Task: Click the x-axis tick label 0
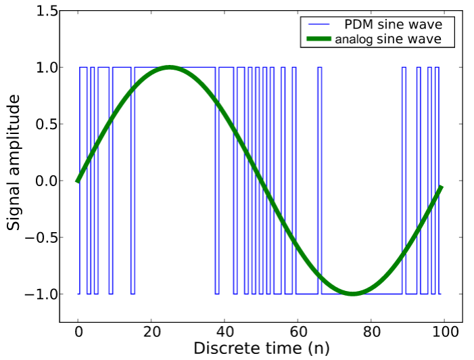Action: (x=78, y=333)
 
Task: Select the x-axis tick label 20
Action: (x=151, y=333)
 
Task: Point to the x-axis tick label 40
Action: (x=225, y=333)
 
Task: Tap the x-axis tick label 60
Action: (x=298, y=333)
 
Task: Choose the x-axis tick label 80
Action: (x=371, y=333)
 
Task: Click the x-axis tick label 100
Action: (x=444, y=333)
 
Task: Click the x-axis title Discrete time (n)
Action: (x=261, y=348)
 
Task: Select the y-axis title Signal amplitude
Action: (x=14, y=162)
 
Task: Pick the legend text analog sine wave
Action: (x=388, y=39)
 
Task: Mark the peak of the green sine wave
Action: (x=169, y=67)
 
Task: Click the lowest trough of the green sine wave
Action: (x=353, y=294)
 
